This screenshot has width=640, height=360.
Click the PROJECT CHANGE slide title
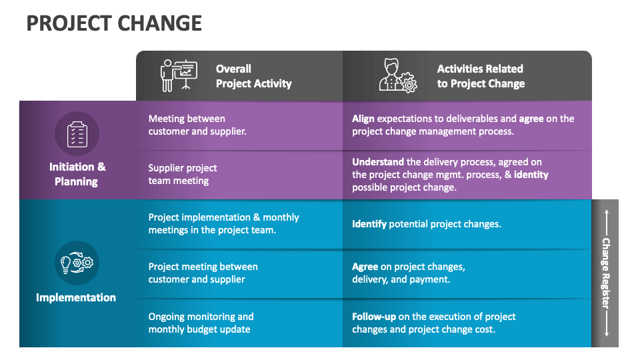click(x=114, y=23)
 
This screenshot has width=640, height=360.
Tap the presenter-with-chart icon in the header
click(x=179, y=75)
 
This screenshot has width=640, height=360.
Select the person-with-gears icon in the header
click(x=397, y=75)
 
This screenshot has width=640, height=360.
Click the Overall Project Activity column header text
click(x=253, y=76)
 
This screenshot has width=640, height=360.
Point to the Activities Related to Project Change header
click(x=481, y=76)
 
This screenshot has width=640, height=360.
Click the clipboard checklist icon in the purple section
click(x=77, y=133)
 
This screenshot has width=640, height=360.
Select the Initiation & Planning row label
click(x=76, y=174)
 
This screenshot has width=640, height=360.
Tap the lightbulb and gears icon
click(x=77, y=263)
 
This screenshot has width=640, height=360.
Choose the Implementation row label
click(x=76, y=297)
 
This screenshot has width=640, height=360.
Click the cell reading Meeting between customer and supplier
click(x=197, y=125)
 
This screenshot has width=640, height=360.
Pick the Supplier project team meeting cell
click(x=183, y=174)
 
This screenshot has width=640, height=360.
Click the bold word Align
click(x=363, y=119)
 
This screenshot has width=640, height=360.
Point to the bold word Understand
click(x=378, y=161)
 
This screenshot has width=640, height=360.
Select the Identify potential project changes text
click(x=426, y=224)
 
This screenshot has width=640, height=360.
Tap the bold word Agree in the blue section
click(x=365, y=267)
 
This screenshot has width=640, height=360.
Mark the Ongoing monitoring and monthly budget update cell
click(x=201, y=323)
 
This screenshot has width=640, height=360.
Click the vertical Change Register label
click(x=605, y=273)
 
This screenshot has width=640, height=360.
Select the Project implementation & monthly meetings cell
click(x=223, y=223)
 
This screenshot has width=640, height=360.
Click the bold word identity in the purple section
click(x=531, y=175)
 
